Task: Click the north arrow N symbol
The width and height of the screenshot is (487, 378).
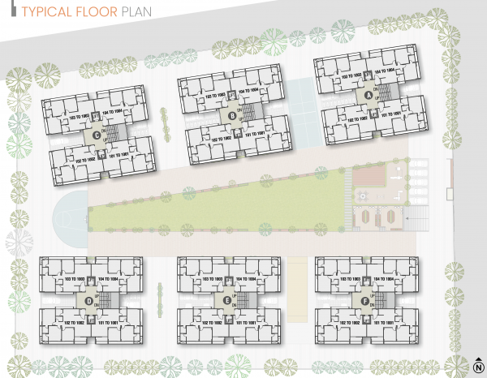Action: pos(477,364)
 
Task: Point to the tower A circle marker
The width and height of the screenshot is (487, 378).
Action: pos(368,95)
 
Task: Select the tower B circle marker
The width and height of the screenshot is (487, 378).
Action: pos(232,116)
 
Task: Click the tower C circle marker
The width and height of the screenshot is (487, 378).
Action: pos(97,135)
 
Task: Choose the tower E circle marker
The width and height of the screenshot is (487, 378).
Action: pos(227,301)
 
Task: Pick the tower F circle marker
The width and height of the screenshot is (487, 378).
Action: pos(365,301)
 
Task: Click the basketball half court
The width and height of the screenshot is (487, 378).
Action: pos(68,216)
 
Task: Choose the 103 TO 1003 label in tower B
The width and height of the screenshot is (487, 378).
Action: pos(217,95)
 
